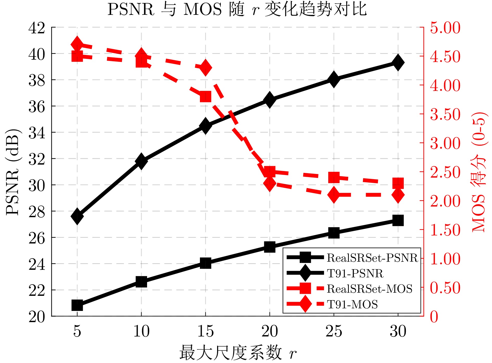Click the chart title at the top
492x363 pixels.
(x=237, y=9)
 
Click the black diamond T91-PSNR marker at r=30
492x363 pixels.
(x=398, y=62)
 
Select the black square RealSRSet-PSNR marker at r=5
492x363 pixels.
(x=77, y=305)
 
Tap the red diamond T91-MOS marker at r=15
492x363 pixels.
(x=205, y=67)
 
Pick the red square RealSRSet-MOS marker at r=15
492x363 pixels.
(x=205, y=97)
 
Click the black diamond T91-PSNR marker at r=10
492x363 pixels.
(x=141, y=161)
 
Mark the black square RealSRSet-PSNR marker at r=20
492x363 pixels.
(x=270, y=247)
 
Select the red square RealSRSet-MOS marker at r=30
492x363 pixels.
(x=398, y=183)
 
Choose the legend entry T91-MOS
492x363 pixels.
(x=352, y=304)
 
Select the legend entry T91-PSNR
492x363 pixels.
(x=355, y=273)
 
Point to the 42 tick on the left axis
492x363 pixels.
(x=36, y=28)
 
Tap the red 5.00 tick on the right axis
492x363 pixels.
(x=445, y=28)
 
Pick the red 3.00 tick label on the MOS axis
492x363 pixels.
(x=445, y=143)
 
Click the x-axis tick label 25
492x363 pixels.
(x=334, y=331)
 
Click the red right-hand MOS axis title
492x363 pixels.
(x=478, y=172)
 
